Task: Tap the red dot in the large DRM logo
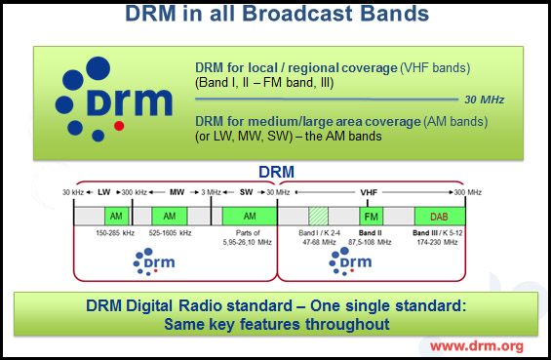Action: (x=119, y=126)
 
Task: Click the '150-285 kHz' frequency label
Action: (x=114, y=234)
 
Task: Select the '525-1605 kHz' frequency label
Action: (x=170, y=234)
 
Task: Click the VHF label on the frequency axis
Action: (x=369, y=192)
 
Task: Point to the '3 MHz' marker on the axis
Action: (x=211, y=192)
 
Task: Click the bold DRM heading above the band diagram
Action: (x=275, y=172)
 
